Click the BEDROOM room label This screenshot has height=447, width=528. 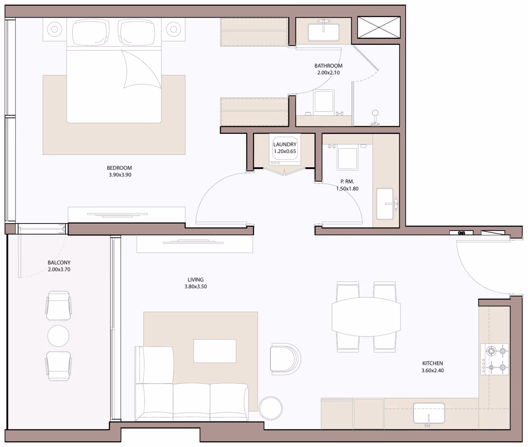tap(119, 168)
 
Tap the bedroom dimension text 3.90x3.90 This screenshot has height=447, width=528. tap(120, 175)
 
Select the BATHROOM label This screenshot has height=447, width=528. tap(328, 66)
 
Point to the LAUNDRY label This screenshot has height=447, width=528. tap(285, 144)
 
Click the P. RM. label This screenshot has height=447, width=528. tap(347, 182)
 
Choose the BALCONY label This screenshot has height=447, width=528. tap(59, 262)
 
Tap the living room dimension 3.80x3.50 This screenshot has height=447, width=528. tap(196, 286)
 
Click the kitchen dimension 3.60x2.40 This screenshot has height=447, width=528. tap(433, 370)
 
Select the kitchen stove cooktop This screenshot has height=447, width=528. tap(495, 359)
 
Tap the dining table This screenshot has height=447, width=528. tap(366, 317)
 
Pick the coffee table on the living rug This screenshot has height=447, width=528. tap(215, 351)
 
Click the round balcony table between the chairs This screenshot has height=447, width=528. tap(58, 336)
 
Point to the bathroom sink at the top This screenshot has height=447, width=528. tap(324, 32)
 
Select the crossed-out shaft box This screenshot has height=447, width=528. tap(379, 27)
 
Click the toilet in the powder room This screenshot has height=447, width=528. tap(348, 156)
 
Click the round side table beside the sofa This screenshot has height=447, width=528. tap(271, 408)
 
